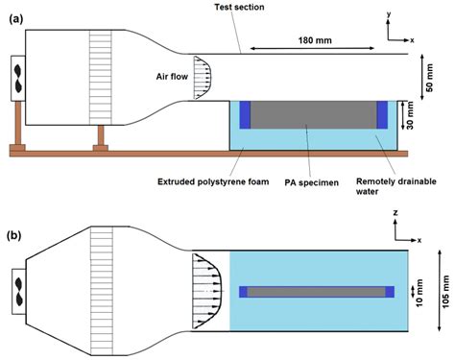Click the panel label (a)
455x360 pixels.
15,16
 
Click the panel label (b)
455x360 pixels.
15,204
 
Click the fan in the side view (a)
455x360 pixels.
16,77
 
